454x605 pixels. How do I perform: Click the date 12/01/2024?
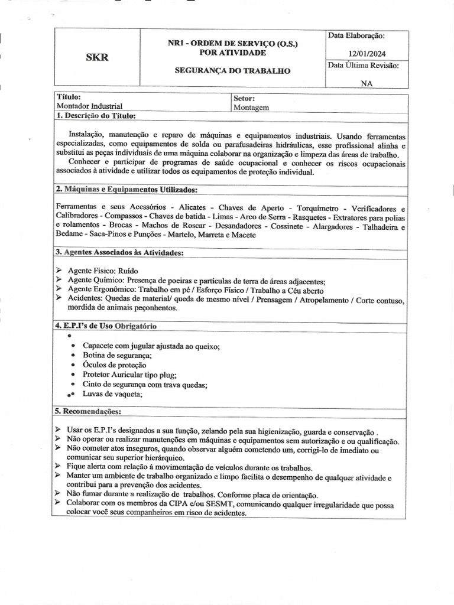pyautogui.click(x=367, y=53)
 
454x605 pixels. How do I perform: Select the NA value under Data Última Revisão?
pyautogui.click(x=367, y=83)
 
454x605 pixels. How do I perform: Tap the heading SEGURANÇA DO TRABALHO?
pyautogui.click(x=232, y=70)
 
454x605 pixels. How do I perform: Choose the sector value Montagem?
pyautogui.click(x=251, y=108)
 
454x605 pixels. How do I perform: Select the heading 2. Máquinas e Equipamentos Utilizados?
pyautogui.click(x=127, y=190)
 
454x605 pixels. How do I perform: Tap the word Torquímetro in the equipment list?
pyautogui.click(x=317, y=208)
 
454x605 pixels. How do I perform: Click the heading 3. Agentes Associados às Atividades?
pyautogui.click(x=119, y=253)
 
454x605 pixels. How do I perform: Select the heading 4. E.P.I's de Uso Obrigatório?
pyautogui.click(x=106, y=326)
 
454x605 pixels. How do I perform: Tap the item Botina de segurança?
pyautogui.click(x=117, y=355)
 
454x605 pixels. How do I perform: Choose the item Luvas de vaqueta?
pyautogui.click(x=112, y=394)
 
